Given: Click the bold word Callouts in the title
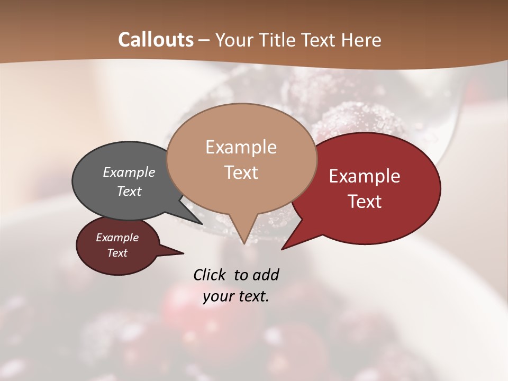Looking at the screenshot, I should click(156, 40).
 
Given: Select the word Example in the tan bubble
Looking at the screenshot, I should click(241, 147).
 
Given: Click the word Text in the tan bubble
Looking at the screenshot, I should click(241, 172).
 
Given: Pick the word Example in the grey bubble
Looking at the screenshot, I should click(129, 172).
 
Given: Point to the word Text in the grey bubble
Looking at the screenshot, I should click(129, 191).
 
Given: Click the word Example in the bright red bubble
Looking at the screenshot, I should click(365, 176).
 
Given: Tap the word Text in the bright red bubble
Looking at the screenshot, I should click(365, 201).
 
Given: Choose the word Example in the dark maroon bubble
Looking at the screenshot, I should click(117, 238).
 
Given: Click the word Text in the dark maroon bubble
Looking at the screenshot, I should click(117, 253).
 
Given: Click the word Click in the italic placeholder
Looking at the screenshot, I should click(210, 275).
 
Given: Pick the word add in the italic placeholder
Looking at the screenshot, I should click(266, 275).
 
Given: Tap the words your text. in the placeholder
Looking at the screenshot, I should click(236, 297).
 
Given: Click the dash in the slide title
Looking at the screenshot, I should click(204, 40).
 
